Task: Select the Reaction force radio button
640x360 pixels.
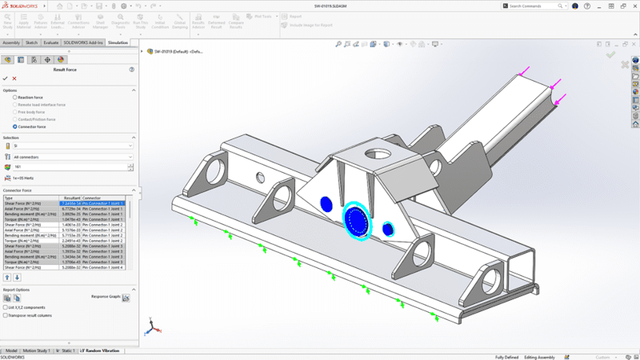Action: pos(14,97)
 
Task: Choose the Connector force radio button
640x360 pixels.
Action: pos(14,126)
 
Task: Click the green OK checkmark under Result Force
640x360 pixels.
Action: pos(6,78)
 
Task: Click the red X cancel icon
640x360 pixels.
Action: pos(14,78)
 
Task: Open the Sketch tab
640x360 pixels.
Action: pos(31,42)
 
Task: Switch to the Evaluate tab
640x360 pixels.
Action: pos(50,42)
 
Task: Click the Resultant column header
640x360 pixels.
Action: pos(71,198)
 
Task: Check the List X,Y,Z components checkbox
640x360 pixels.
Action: pos(6,307)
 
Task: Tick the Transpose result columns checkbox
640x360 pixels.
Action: pos(6,315)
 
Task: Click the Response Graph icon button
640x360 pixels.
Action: pos(126,298)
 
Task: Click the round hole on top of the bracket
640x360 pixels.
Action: pos(376,154)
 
